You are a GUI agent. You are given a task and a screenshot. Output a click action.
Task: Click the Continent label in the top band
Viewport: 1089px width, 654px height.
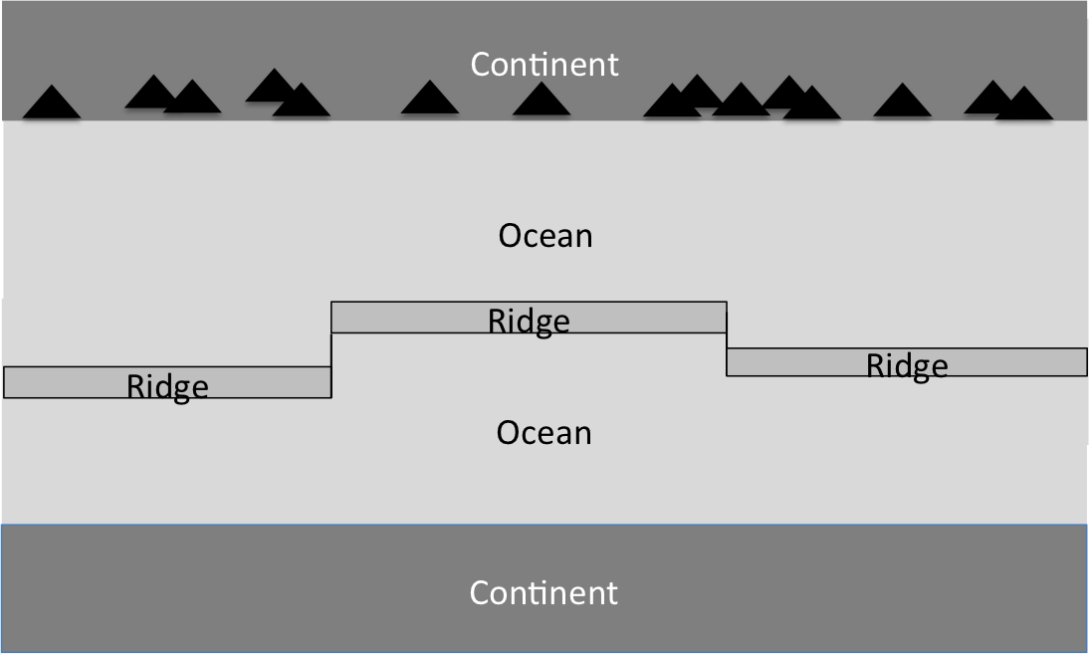(x=544, y=65)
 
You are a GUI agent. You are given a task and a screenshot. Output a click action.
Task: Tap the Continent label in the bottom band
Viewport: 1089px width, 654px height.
(x=544, y=593)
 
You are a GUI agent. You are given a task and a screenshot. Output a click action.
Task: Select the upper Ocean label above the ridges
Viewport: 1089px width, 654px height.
(x=545, y=236)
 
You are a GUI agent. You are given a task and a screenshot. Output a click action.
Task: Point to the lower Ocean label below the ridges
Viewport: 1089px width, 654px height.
(x=544, y=433)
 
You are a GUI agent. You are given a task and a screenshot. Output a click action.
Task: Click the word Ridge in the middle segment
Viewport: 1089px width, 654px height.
(x=529, y=322)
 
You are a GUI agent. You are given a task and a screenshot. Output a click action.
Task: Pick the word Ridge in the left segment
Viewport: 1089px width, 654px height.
(x=167, y=386)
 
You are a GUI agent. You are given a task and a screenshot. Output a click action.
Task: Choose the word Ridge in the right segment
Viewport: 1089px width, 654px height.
(x=907, y=366)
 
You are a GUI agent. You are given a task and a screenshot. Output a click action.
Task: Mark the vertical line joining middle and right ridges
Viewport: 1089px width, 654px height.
(x=727, y=338)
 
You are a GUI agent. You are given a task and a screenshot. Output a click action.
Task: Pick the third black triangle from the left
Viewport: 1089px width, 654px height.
(x=193, y=100)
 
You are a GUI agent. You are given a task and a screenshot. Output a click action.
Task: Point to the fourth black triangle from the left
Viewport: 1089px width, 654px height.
(x=271, y=88)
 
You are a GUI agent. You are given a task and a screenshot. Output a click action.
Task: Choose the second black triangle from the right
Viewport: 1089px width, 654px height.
(x=990, y=99)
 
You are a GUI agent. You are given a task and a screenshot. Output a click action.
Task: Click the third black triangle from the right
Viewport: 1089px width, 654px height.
(x=903, y=103)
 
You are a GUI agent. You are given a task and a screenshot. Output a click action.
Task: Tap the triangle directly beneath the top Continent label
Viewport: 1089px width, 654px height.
(x=542, y=101)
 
